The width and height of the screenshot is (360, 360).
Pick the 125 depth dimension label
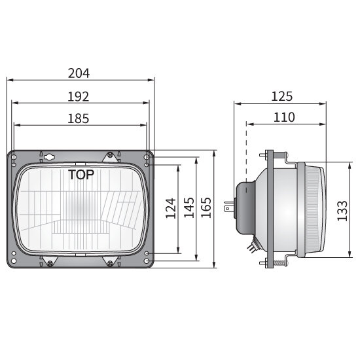coord(281,96)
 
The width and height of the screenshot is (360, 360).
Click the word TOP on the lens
coord(81,175)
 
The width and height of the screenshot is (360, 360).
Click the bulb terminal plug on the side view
coord(228,209)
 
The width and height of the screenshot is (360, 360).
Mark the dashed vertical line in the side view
coord(246,151)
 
